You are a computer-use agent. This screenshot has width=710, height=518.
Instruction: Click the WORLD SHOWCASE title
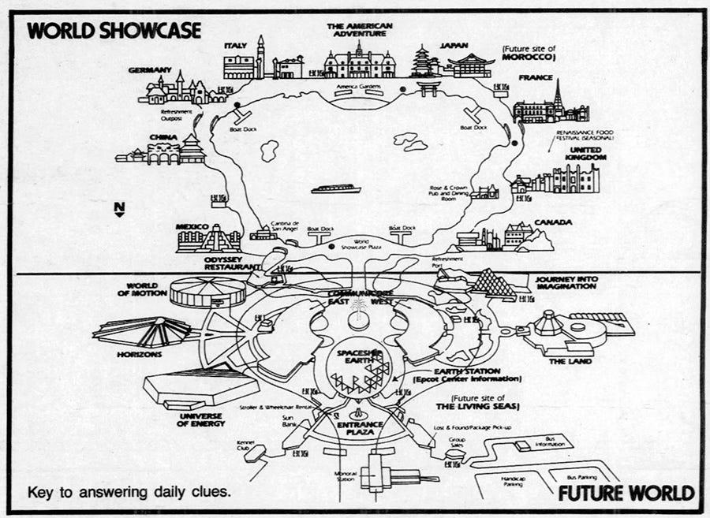tap(114, 30)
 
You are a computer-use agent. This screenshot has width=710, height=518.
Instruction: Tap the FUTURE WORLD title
tap(626, 494)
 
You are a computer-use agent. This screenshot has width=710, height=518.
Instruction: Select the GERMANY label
tap(149, 70)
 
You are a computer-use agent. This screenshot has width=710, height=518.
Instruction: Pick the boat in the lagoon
tap(336, 189)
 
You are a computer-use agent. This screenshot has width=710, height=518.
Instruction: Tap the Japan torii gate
tap(428, 88)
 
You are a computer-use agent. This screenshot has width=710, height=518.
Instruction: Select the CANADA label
tap(553, 222)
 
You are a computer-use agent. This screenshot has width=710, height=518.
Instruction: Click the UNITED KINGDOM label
tap(583, 154)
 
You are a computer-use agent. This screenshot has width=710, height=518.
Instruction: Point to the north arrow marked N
tap(119, 209)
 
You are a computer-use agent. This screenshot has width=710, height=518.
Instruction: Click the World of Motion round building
tap(197, 293)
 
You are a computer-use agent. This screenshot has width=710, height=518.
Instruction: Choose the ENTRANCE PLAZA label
tap(360, 429)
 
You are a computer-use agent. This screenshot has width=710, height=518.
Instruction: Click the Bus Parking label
tap(582, 478)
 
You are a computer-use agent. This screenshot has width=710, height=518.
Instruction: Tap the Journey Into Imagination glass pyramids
tap(493, 284)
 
